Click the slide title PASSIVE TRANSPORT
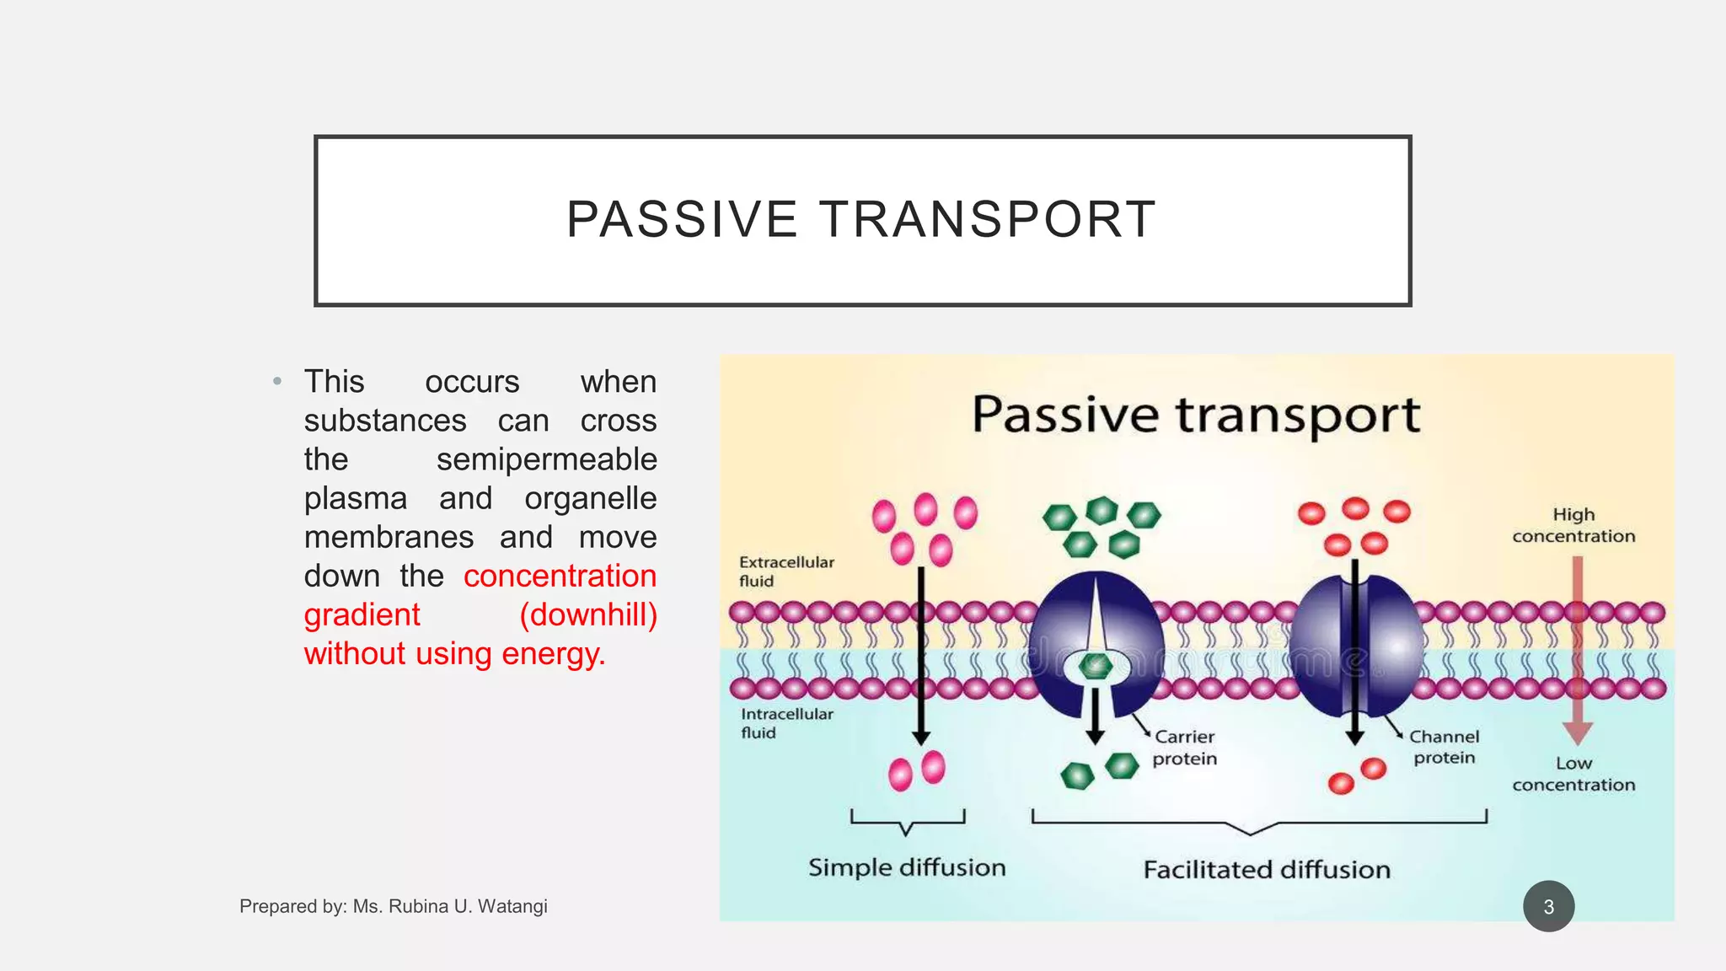[861, 220]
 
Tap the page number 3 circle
[1548, 907]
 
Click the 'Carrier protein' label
[1185, 748]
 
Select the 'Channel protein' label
[1445, 747]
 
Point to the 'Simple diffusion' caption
[907, 867]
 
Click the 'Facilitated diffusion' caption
[1267, 869]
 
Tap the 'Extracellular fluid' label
[785, 571]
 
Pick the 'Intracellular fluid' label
[786, 723]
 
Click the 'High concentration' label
[1573, 525]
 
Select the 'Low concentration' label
[1573, 774]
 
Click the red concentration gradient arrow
[1578, 649]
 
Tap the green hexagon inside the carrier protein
[1096, 666]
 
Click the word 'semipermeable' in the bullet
[546, 459]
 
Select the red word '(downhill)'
[588, 614]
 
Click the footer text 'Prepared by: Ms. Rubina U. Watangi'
[394, 906]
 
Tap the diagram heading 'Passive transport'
[1196, 416]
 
